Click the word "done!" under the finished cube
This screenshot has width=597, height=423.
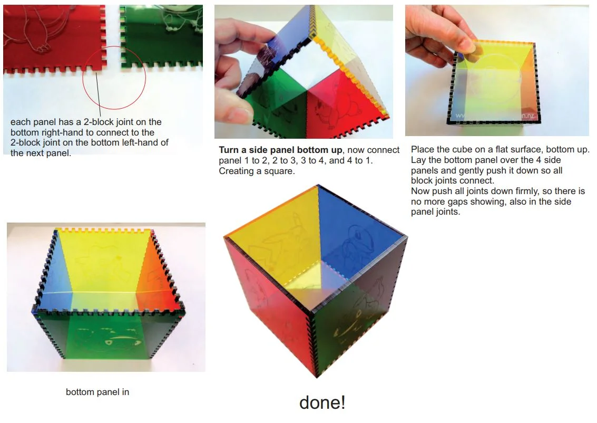tap(322, 402)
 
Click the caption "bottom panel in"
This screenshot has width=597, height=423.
tap(97, 392)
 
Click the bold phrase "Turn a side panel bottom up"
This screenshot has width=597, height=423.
tap(281, 150)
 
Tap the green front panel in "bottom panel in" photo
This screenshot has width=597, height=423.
tap(106, 335)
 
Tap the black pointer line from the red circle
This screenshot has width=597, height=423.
tap(98, 94)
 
